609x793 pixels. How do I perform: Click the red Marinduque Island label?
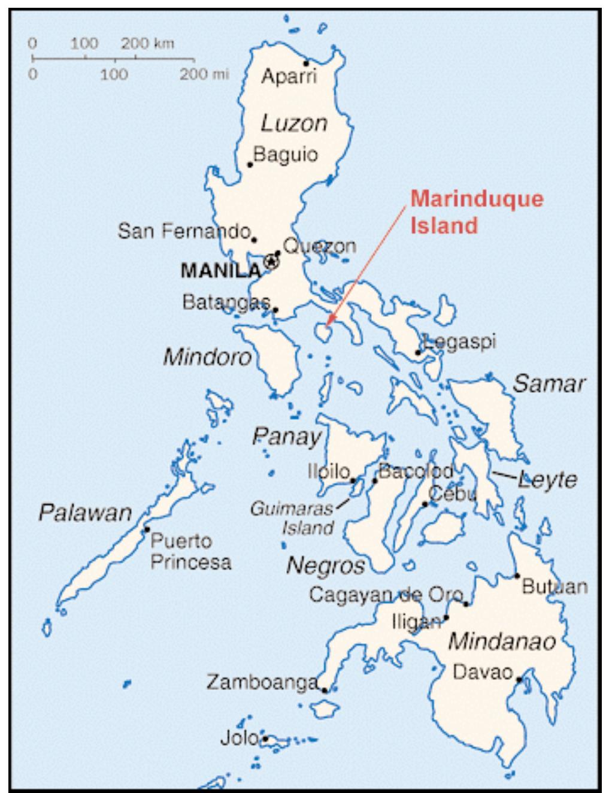click(x=477, y=212)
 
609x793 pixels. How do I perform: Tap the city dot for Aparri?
click(x=305, y=63)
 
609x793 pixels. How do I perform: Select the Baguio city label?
click(x=286, y=155)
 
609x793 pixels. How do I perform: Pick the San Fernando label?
click(x=183, y=231)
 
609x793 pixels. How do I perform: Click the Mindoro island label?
click(x=207, y=358)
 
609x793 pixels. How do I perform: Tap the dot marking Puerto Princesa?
click(x=146, y=529)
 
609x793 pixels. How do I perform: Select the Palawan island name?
click(x=85, y=513)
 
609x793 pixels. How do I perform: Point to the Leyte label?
click(x=547, y=480)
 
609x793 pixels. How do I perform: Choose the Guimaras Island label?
click(x=291, y=519)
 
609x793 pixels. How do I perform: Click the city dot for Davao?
click(x=519, y=679)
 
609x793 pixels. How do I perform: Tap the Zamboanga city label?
click(x=262, y=682)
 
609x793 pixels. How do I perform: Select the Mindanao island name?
click(x=502, y=641)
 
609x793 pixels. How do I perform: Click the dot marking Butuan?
click(x=517, y=576)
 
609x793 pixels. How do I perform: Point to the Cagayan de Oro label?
click(x=386, y=595)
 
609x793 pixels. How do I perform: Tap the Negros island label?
click(x=325, y=565)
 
